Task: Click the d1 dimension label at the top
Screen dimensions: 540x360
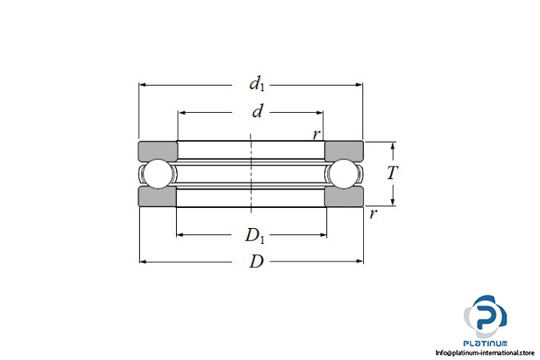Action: click(258, 84)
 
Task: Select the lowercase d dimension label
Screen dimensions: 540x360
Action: click(258, 111)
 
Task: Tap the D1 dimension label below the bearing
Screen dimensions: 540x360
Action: click(255, 236)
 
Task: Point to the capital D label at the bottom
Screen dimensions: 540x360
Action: click(256, 262)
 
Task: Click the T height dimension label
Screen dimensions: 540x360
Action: click(393, 173)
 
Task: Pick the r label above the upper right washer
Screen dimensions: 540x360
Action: click(317, 134)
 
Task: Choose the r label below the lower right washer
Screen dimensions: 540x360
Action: click(373, 214)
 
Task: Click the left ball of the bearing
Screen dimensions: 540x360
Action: click(158, 174)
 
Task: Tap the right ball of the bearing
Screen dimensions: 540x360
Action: click(344, 174)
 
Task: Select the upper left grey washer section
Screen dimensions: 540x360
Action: click(158, 151)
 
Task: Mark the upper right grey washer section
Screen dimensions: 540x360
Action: click(344, 151)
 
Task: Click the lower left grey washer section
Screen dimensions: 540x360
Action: click(158, 196)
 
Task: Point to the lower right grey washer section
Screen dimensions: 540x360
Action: click(344, 196)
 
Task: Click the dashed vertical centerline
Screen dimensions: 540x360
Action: click(251, 173)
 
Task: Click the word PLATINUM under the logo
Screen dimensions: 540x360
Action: click(486, 343)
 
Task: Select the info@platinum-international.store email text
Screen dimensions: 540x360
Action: click(485, 353)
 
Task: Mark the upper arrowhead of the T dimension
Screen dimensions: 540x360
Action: click(393, 146)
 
